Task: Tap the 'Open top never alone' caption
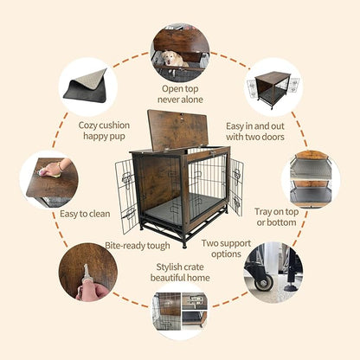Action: point(180,93)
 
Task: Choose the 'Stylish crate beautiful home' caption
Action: point(179,273)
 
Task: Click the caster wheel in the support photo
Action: point(263,281)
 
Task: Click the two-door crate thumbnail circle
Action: point(273,87)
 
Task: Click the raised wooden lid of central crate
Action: point(180,131)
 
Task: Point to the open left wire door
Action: point(127,196)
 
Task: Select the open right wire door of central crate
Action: point(235,187)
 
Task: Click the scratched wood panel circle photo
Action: point(87,271)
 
